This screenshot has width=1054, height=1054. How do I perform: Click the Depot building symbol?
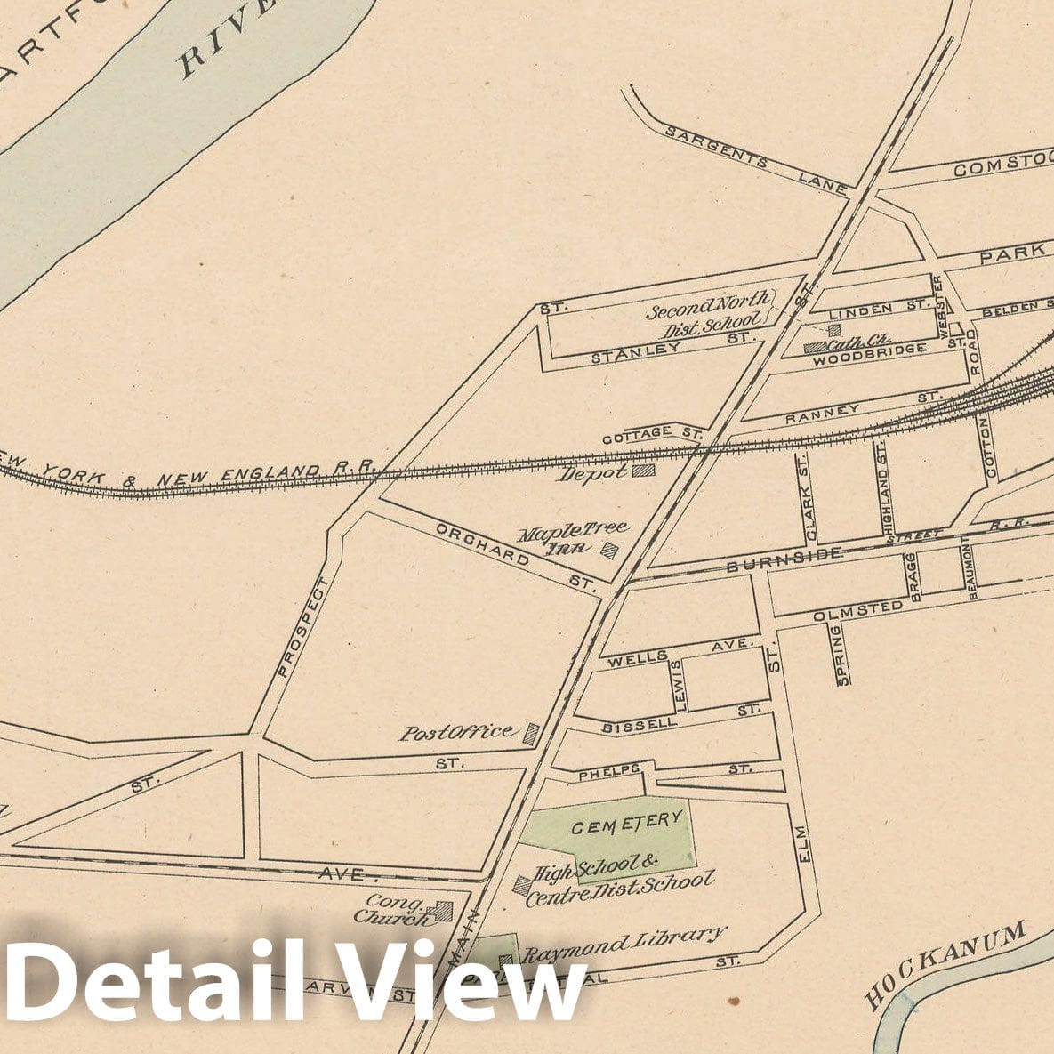click(643, 471)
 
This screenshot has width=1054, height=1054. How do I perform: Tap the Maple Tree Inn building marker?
click(610, 551)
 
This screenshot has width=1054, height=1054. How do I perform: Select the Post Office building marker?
click(531, 734)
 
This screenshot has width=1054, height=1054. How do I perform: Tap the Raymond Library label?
click(623, 945)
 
